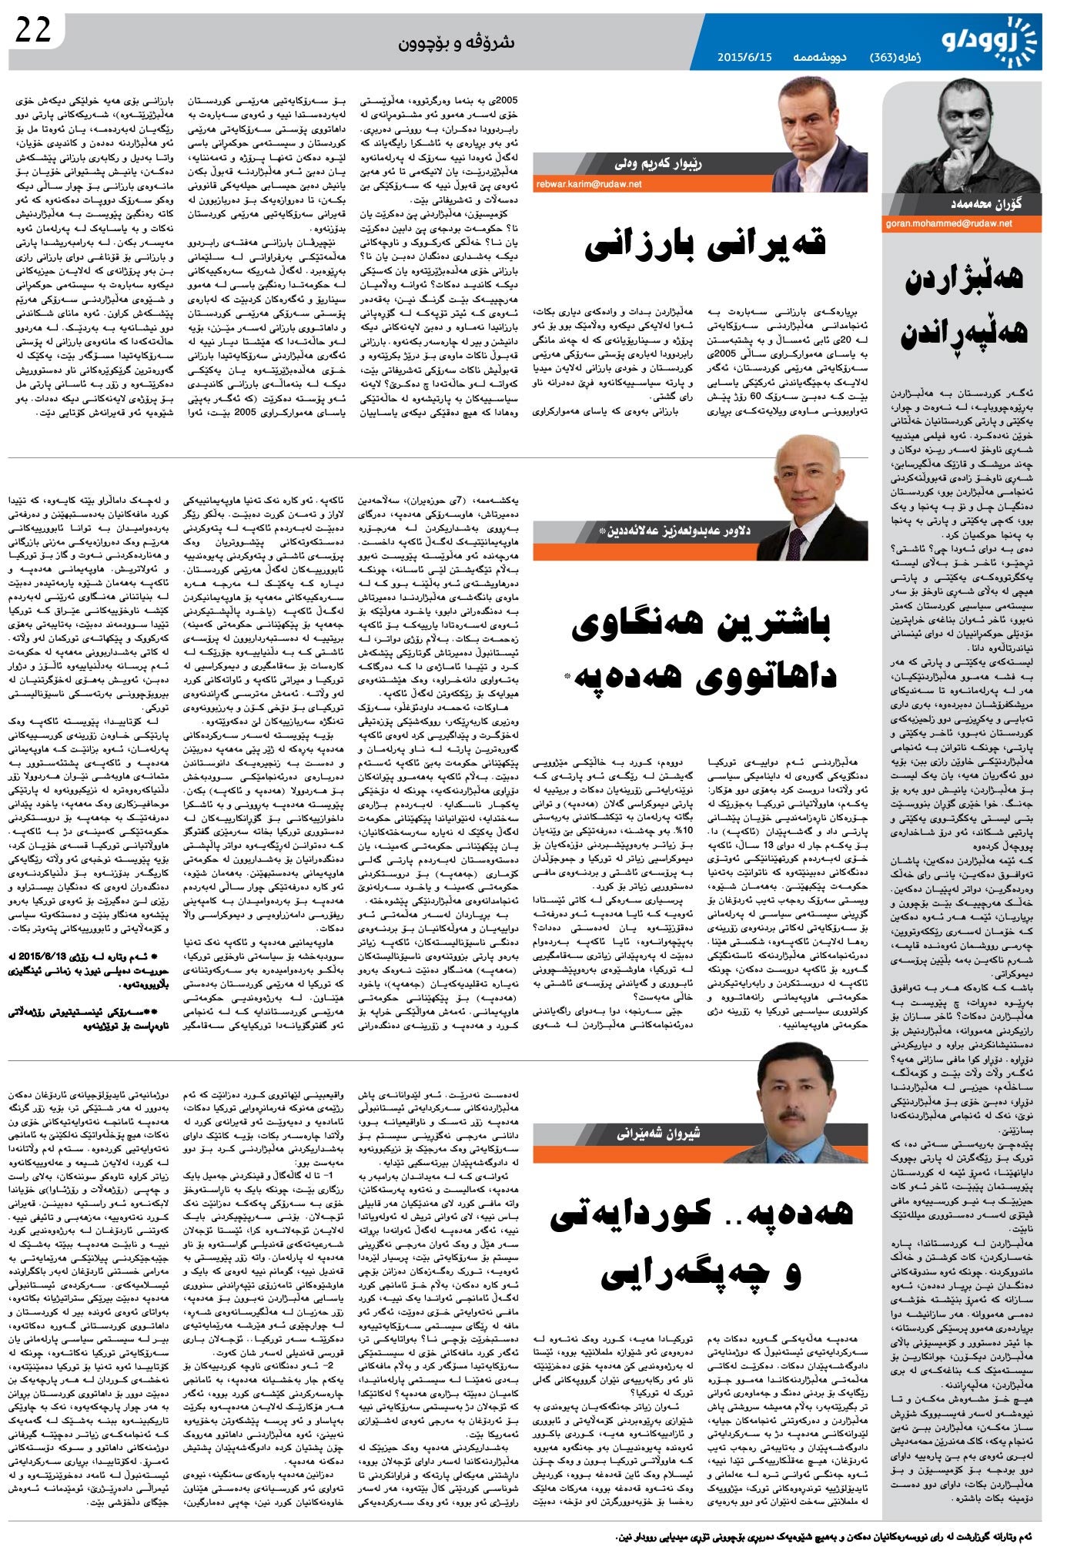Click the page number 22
point(33,30)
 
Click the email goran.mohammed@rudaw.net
point(949,223)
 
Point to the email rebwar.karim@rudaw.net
point(590,184)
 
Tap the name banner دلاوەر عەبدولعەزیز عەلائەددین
point(678,531)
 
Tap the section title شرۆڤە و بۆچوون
point(456,42)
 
